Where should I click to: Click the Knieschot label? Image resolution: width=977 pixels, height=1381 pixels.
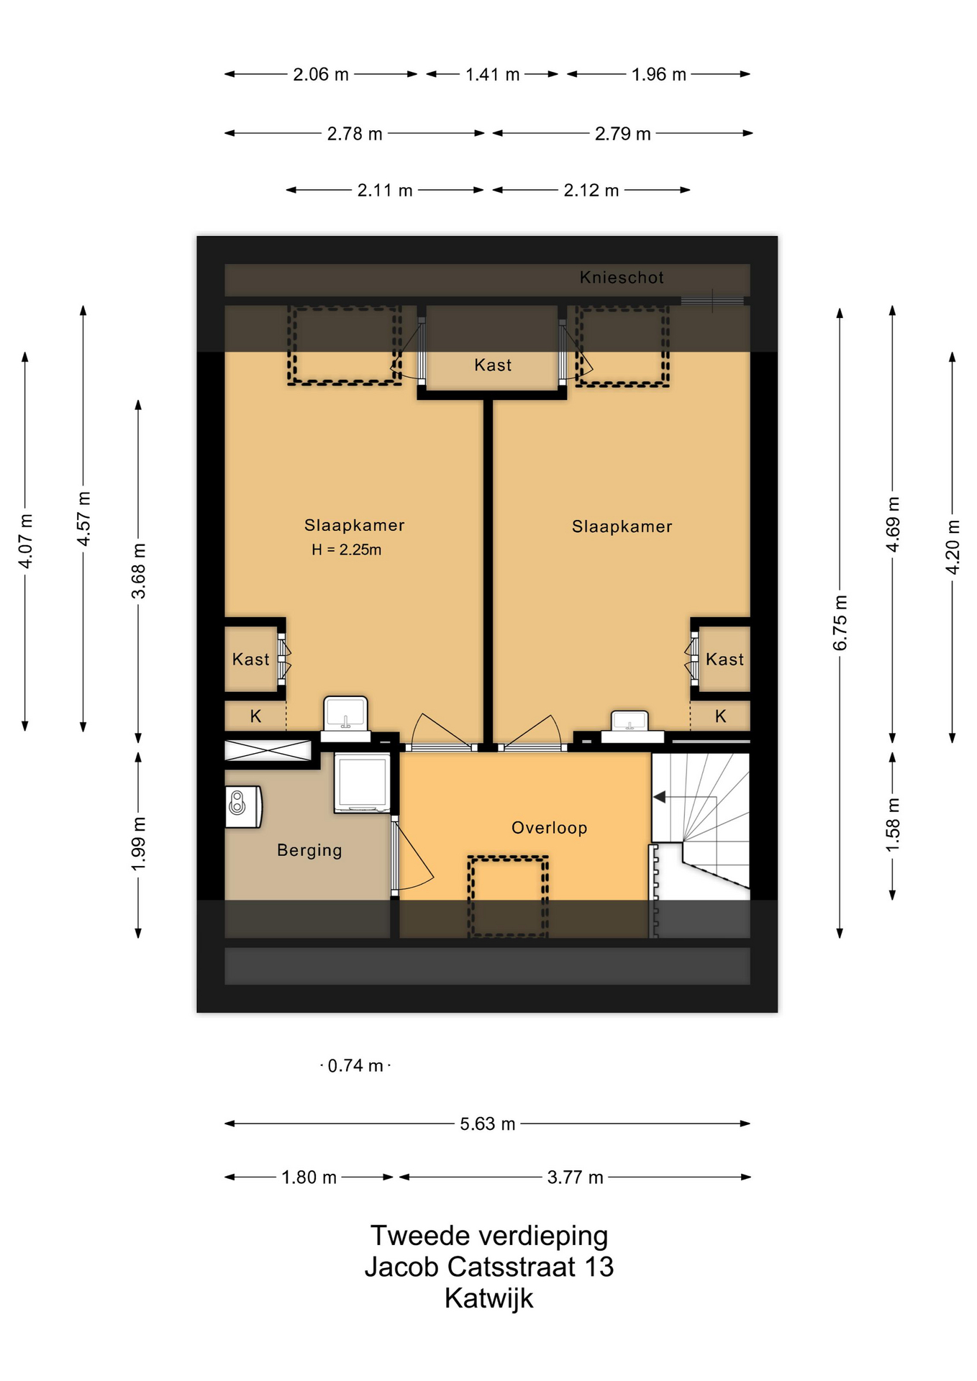point(622,278)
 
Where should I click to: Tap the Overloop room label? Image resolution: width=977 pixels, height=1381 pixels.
point(549,828)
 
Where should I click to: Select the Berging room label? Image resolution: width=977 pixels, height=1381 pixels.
point(309,850)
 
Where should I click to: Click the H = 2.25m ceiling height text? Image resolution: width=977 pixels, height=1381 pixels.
point(346,550)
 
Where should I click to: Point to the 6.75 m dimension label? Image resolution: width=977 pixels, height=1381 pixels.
point(840,623)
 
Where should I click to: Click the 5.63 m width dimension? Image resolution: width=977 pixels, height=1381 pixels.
point(488,1124)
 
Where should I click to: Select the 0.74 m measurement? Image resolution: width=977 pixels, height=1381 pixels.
point(355,1065)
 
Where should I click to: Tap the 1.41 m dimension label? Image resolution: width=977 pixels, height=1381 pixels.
point(492,74)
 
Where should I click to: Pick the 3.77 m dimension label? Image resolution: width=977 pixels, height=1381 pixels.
point(575,1177)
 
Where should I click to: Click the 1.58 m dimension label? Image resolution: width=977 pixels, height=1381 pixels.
point(892,825)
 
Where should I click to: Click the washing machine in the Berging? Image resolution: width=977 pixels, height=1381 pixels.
point(362,783)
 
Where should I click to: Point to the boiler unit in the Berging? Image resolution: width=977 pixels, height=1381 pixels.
point(243,806)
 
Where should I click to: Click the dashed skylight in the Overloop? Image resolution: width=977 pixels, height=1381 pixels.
point(508,896)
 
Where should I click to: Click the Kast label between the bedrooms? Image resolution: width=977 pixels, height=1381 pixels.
point(493,365)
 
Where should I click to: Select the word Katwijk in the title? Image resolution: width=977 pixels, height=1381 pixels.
point(489,1298)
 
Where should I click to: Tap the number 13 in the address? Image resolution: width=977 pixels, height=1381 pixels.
point(599,1267)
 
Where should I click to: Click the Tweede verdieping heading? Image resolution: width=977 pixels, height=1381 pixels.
point(489,1236)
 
